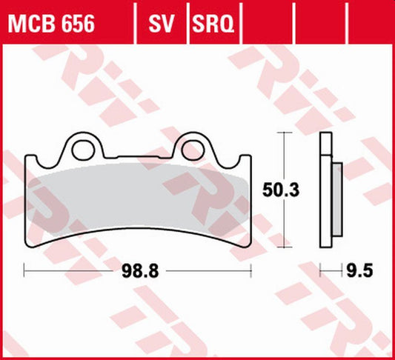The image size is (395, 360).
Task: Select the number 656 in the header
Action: click(77, 24)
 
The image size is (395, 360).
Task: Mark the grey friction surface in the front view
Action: click(138, 200)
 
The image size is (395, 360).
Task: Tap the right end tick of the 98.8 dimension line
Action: click(251, 271)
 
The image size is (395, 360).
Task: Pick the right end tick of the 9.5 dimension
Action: click(343, 271)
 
